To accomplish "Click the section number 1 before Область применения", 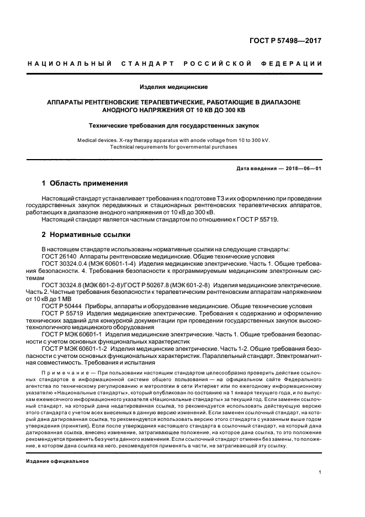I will point(44,183).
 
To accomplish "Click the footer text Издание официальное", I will point(57,460).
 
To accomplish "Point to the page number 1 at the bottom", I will point(320,472).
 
